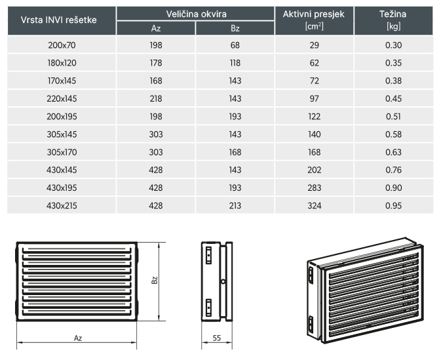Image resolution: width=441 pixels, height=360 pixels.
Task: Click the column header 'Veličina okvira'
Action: click(x=195, y=14)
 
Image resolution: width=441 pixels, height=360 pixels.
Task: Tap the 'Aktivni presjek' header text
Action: click(x=315, y=14)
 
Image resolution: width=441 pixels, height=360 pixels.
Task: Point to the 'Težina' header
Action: click(x=394, y=14)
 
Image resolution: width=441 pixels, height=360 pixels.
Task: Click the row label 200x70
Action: click(x=62, y=45)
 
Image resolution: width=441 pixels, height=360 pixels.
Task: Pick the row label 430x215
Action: click(x=62, y=205)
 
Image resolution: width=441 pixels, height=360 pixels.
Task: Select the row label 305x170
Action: click(x=62, y=152)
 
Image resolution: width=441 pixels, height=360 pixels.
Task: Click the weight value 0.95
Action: click(x=394, y=205)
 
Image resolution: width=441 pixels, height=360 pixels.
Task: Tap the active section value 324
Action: click(x=315, y=205)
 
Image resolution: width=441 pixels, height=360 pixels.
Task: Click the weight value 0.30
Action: click(x=394, y=45)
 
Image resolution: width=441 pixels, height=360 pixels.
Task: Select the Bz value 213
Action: click(x=235, y=205)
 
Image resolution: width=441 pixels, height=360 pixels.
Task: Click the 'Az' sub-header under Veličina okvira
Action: click(x=155, y=29)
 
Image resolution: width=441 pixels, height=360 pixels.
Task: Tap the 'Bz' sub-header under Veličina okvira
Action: click(x=235, y=29)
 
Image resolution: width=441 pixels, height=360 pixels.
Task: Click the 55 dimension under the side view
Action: click(x=216, y=338)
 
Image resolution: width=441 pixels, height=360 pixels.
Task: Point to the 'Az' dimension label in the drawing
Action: click(x=77, y=338)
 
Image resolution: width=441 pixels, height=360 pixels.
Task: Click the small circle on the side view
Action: click(x=223, y=281)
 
